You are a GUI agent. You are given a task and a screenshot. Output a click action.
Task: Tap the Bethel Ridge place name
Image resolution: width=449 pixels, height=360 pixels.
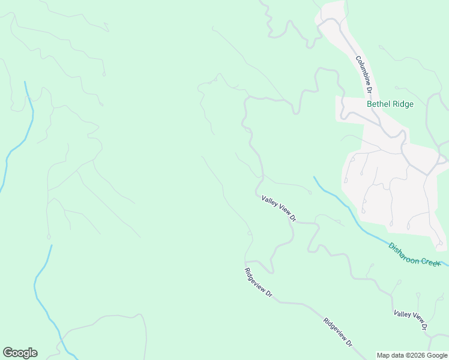(390, 104)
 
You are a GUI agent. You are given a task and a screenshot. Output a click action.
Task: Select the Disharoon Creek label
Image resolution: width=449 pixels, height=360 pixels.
(414, 254)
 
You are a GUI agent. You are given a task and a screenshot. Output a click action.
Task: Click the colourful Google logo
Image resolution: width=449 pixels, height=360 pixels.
(20, 353)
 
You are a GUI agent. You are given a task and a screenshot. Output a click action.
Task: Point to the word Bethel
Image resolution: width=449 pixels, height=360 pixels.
(379, 104)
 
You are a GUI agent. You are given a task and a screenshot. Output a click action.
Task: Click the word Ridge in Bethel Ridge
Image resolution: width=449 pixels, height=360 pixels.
(403, 104)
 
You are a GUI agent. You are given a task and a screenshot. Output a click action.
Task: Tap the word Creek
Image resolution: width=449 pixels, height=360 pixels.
(430, 260)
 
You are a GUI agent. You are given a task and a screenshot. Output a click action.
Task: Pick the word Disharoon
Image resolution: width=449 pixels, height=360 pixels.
(403, 250)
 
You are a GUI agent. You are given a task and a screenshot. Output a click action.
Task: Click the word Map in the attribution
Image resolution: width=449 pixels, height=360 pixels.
(384, 355)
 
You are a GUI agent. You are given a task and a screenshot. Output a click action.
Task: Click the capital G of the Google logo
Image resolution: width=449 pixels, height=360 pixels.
(8, 353)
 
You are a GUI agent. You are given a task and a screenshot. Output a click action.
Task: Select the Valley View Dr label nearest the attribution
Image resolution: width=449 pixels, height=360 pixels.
(410, 321)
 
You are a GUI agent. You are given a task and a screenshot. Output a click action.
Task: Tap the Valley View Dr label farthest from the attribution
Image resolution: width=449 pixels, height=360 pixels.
(279, 208)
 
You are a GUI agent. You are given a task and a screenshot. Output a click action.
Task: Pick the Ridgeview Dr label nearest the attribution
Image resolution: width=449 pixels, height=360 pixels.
(338, 332)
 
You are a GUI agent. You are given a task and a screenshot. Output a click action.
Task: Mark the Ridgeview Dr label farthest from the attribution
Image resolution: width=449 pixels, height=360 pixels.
(258, 282)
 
